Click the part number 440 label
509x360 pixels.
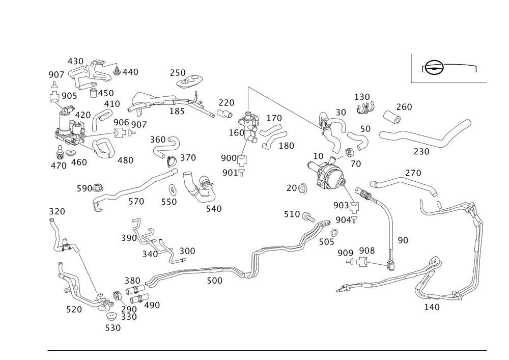click(129, 73)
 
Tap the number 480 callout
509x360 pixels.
click(125, 160)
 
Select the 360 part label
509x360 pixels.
click(158, 140)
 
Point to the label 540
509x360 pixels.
click(214, 208)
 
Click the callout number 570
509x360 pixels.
click(136, 202)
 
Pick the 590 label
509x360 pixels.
click(83, 188)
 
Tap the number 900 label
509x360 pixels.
click(229, 158)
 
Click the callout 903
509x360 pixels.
click(340, 205)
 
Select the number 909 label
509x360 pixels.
click(345, 252)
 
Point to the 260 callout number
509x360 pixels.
click(404, 107)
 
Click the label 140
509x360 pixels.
click(431, 307)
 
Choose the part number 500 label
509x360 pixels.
click(214, 281)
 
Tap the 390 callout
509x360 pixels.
click(128, 238)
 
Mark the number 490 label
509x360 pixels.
click(152, 306)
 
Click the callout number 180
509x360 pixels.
click(286, 146)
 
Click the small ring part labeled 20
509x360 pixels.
click(303, 189)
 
